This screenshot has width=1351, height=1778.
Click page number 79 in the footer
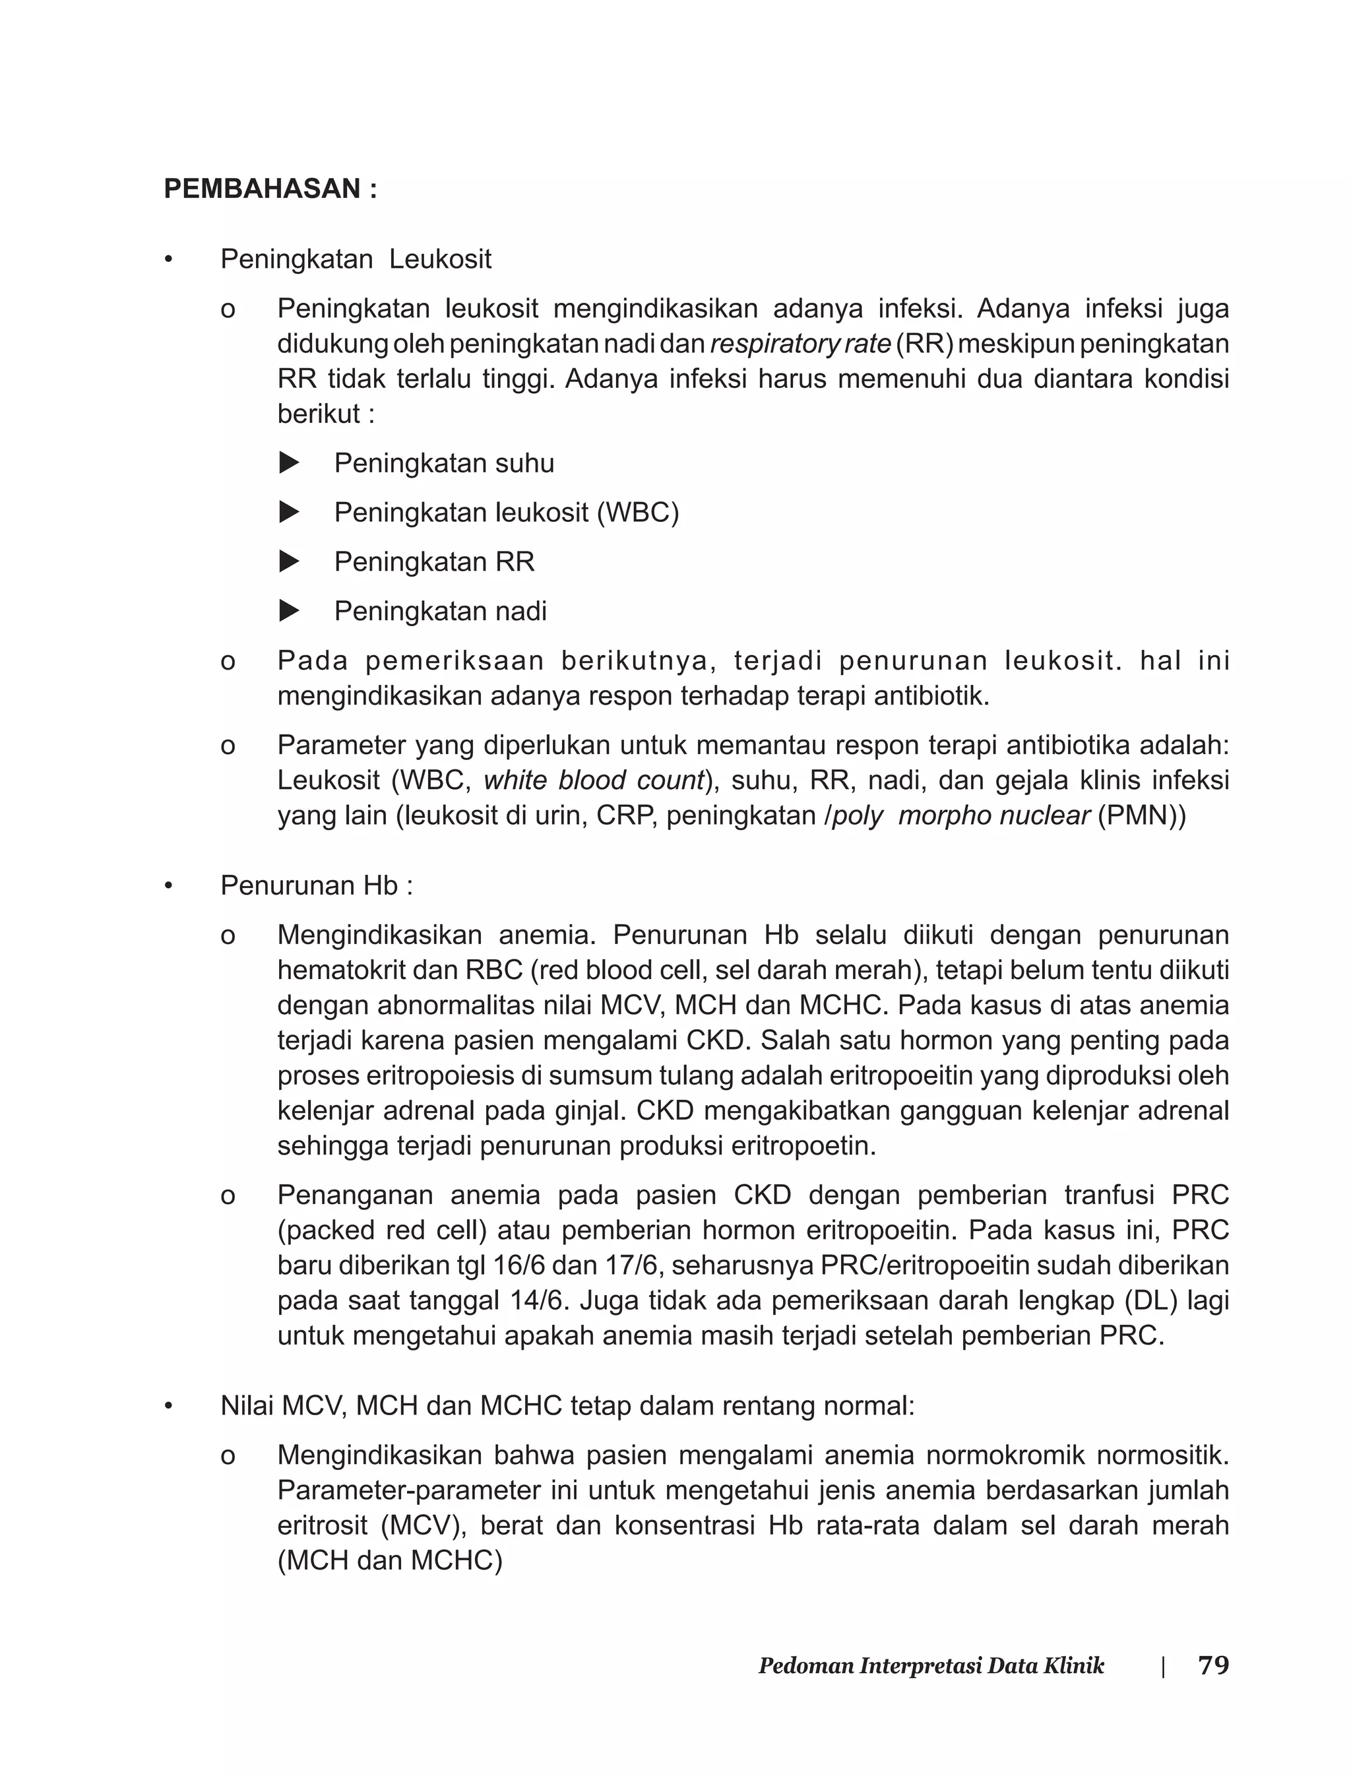pyautogui.click(x=1212, y=1665)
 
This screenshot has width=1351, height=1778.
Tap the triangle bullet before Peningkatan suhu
pyautogui.click(x=289, y=462)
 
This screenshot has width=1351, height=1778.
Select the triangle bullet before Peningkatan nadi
pyautogui.click(x=289, y=611)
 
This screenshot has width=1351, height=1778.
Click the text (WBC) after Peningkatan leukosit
pyautogui.click(x=638, y=512)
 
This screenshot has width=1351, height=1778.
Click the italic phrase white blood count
pyautogui.click(x=594, y=780)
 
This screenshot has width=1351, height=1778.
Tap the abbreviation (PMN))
pyautogui.click(x=1141, y=815)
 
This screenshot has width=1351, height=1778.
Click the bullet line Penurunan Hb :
pyautogui.click(x=317, y=885)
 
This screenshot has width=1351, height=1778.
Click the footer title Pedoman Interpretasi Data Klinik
pyautogui.click(x=931, y=1667)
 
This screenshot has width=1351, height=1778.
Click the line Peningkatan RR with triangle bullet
pyautogui.click(x=434, y=561)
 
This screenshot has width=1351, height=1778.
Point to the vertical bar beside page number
pyautogui.click(x=1163, y=1667)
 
